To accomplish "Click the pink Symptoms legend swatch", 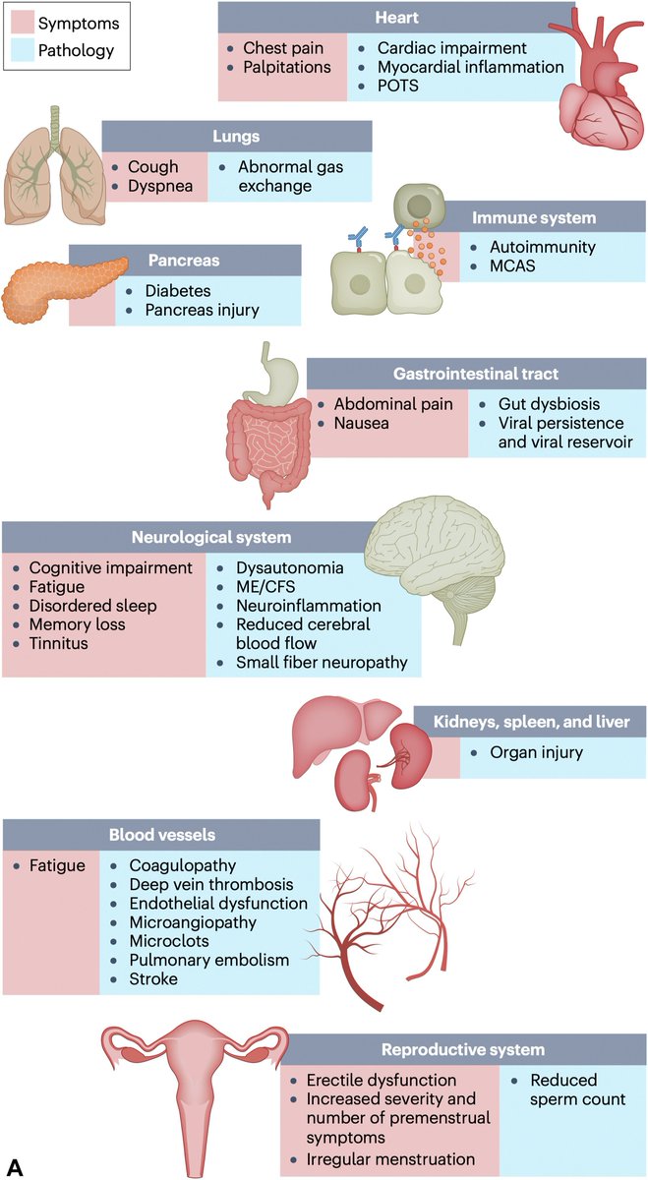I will (21, 21).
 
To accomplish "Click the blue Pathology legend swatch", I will (21, 50).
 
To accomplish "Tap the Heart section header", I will (396, 18).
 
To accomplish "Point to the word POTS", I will (398, 86).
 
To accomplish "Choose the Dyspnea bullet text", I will (154, 185).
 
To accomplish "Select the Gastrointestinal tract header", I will (476, 374).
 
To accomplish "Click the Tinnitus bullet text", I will (58, 643).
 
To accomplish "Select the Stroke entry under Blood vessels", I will (153, 978).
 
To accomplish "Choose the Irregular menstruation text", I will (390, 1159).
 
